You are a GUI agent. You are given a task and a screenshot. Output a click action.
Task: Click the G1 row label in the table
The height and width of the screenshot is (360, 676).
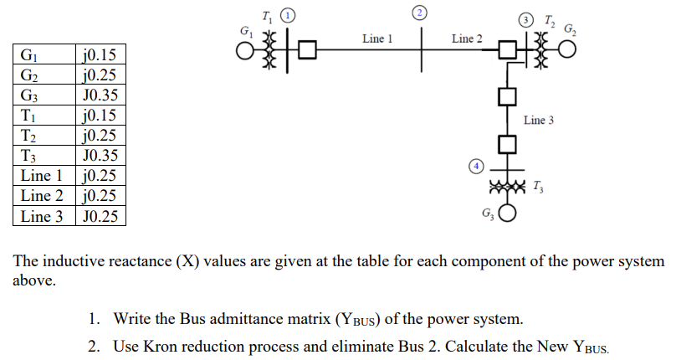point(28,57)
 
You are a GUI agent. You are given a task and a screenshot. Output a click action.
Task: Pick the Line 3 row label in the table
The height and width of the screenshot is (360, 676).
point(42,217)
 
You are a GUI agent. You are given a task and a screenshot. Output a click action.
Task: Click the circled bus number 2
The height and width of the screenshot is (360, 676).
point(421,11)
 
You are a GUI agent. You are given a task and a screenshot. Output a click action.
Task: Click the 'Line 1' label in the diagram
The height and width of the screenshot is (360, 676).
point(377,39)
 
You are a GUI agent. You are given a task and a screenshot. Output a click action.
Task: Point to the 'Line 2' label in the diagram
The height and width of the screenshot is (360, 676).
point(466,39)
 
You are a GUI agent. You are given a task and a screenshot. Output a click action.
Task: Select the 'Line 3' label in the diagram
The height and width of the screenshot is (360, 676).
point(539,121)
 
